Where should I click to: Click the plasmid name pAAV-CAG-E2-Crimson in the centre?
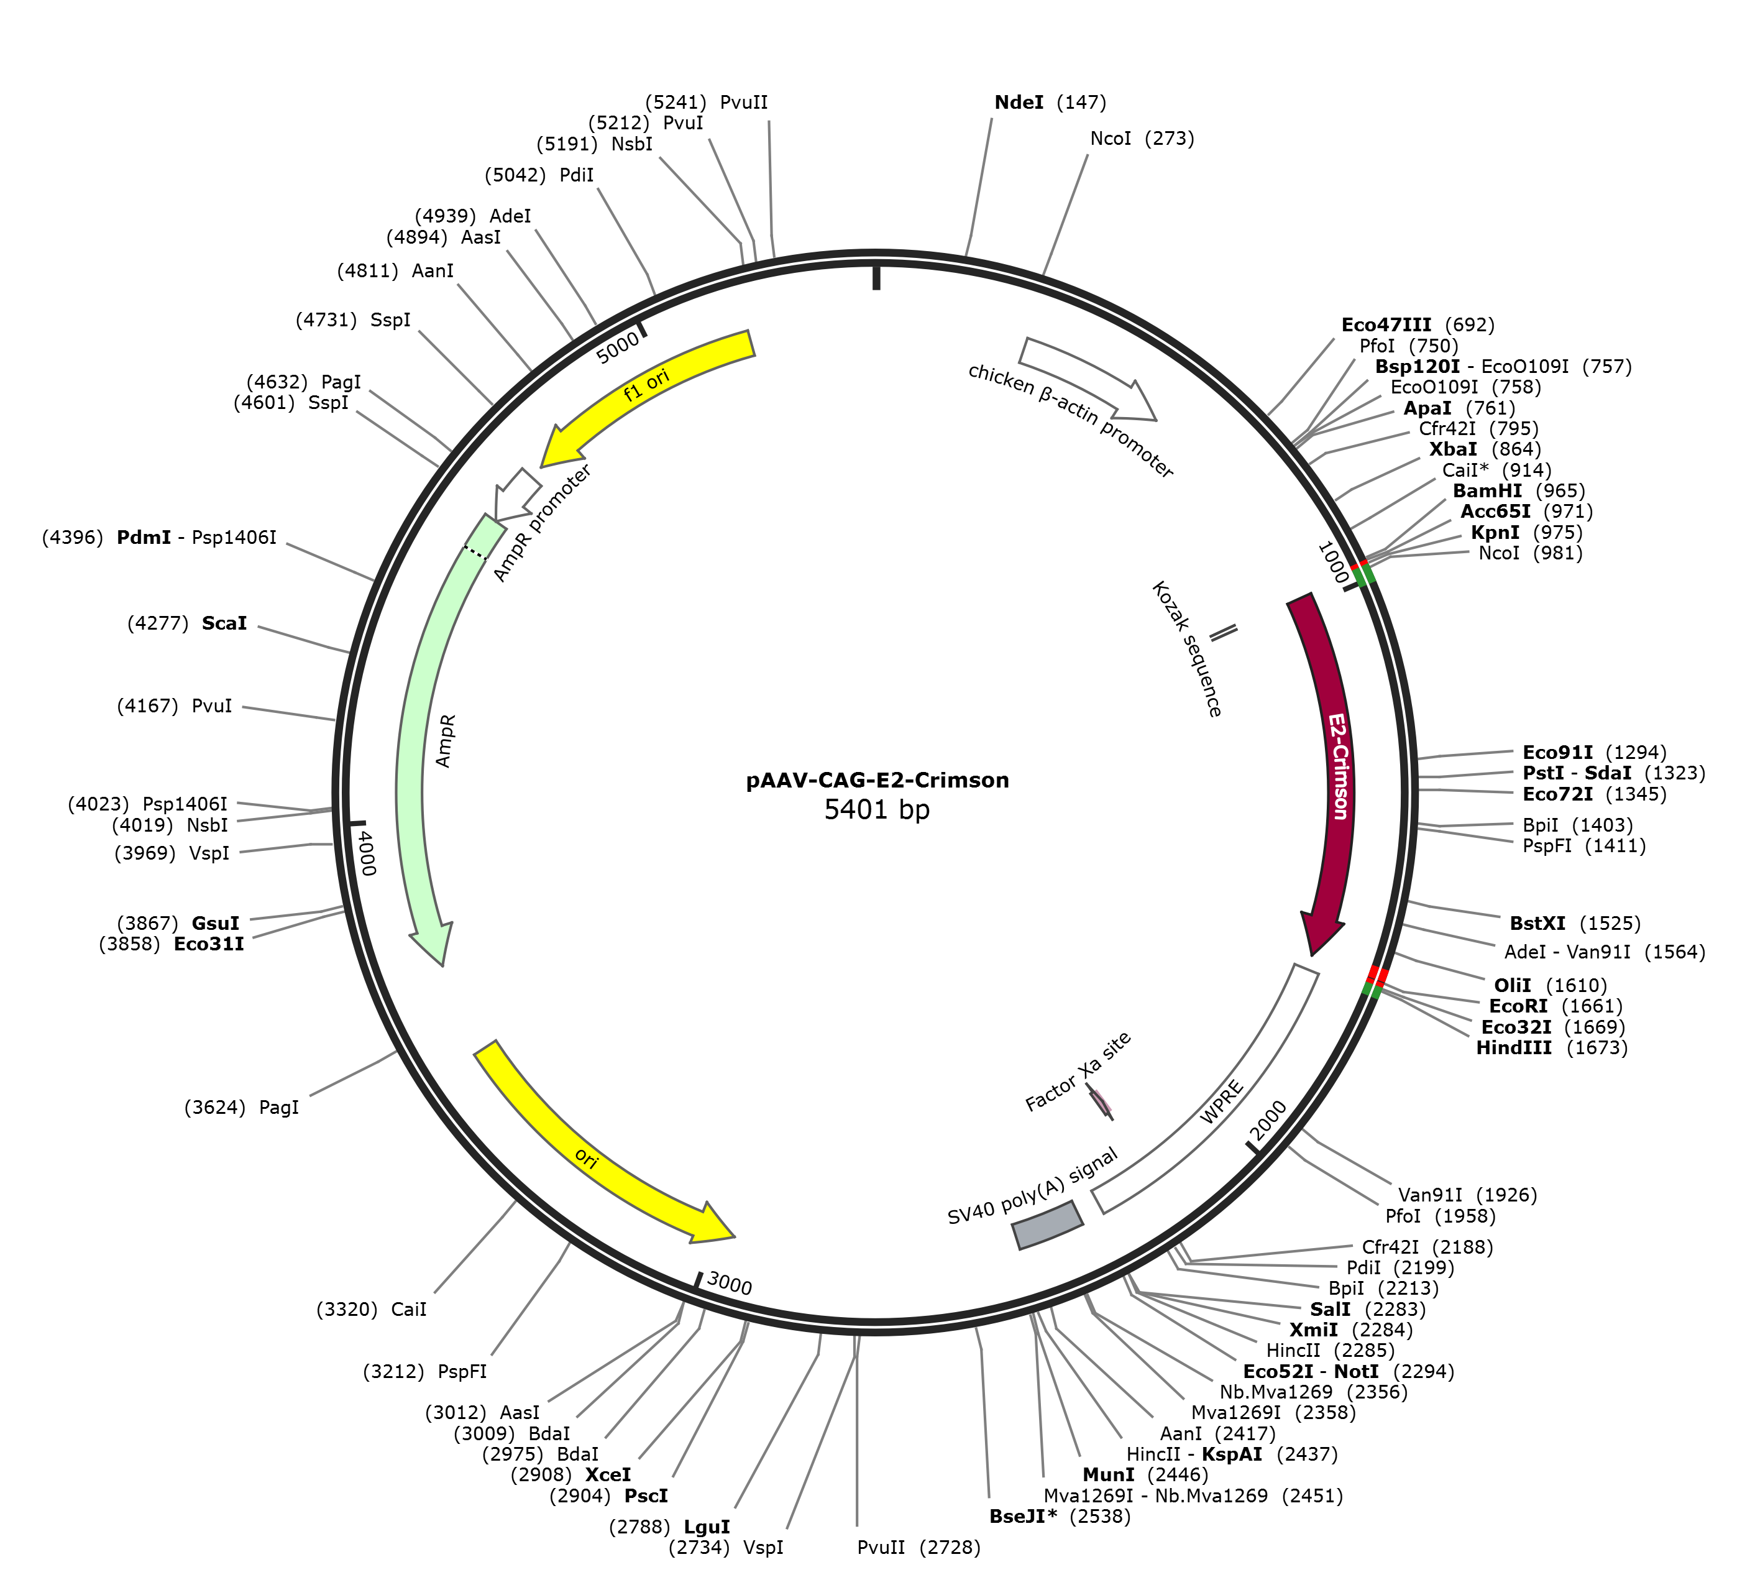pos(877,780)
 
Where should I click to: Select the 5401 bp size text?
pos(877,810)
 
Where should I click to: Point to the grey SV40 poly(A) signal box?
pos(1048,1224)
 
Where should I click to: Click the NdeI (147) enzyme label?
pos(1050,103)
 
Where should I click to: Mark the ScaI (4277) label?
pos(186,623)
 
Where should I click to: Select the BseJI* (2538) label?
pos(1060,1517)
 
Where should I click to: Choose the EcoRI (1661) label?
pos(1555,1006)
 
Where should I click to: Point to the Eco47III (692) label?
pos(1418,324)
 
